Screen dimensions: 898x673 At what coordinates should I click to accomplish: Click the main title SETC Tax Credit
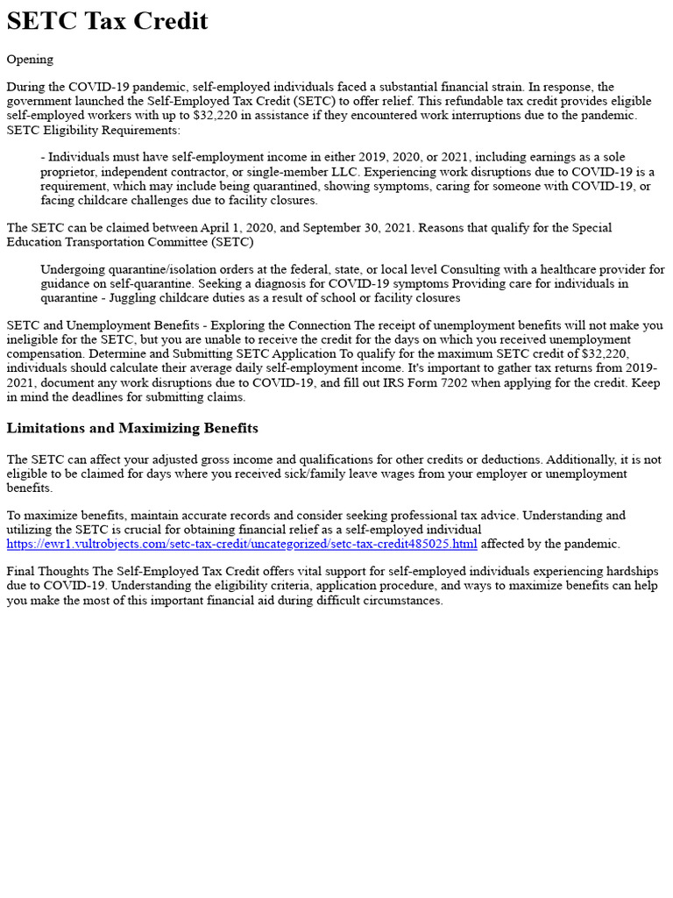tap(108, 21)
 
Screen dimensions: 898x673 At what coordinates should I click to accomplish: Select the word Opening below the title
tap(30, 60)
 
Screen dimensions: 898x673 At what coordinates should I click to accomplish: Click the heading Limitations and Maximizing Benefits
tap(132, 428)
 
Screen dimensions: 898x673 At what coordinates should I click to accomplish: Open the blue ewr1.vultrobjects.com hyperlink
tap(242, 544)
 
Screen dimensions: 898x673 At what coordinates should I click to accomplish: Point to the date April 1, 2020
tap(251, 228)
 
